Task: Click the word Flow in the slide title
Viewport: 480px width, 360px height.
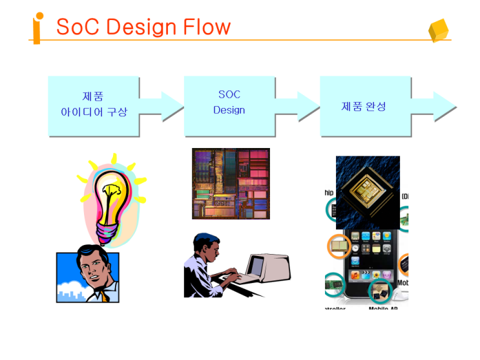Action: (x=206, y=27)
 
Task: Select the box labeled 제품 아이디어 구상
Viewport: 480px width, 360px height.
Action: (x=94, y=105)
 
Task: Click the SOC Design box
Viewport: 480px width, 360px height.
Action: (x=229, y=105)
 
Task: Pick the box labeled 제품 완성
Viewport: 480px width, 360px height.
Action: (x=364, y=105)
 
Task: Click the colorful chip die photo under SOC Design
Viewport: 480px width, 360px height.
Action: (x=231, y=184)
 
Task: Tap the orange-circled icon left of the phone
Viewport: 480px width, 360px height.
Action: (x=339, y=246)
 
